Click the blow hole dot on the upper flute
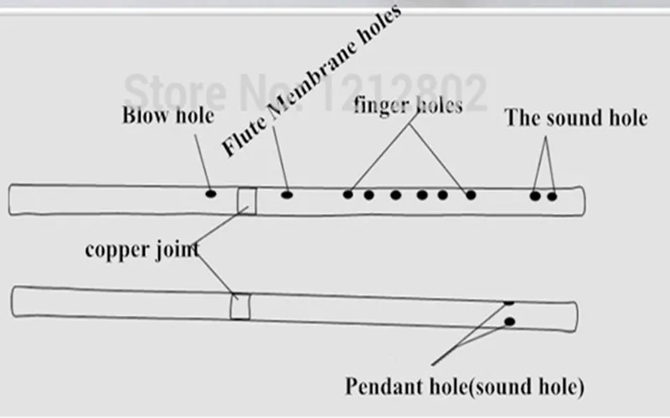(x=211, y=194)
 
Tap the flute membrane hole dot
(x=286, y=195)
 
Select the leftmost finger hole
(x=348, y=195)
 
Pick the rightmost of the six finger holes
(x=471, y=195)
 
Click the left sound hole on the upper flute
(x=535, y=196)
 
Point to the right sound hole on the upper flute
(x=552, y=196)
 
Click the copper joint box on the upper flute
(x=247, y=201)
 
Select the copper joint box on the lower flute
(x=240, y=306)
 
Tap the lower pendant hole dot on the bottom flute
(x=509, y=322)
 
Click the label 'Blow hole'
(x=168, y=115)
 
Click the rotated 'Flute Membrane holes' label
(x=311, y=81)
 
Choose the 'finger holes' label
(x=408, y=105)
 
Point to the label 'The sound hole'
(x=575, y=118)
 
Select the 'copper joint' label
(x=142, y=250)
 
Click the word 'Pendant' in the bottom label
(x=384, y=386)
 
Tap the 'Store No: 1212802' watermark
(x=306, y=92)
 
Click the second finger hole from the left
(x=368, y=195)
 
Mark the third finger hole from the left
(x=395, y=195)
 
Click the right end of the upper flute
(x=584, y=201)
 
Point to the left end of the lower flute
(x=12, y=302)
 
